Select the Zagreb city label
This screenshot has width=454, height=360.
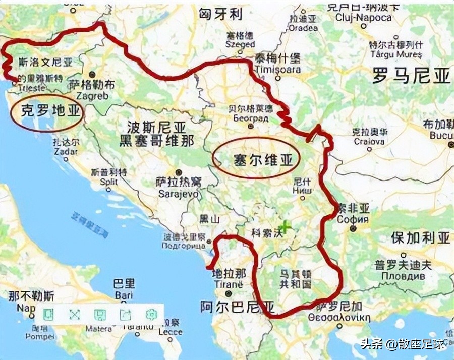tap(92, 94)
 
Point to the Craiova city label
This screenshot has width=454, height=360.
tap(369, 141)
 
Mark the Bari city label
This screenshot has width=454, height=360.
tap(124, 294)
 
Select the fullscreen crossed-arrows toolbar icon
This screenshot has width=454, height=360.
tap(75, 315)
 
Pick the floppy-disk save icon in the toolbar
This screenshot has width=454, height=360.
tap(100, 315)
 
